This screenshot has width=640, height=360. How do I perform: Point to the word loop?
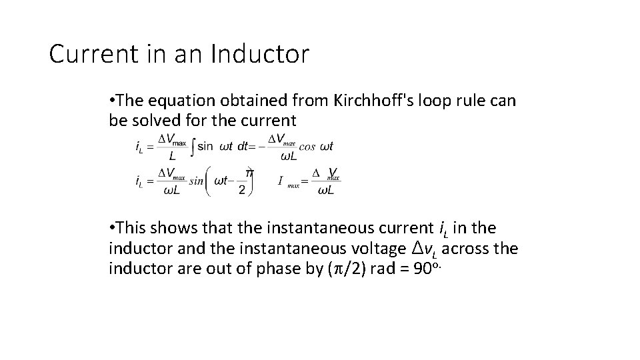point(421,101)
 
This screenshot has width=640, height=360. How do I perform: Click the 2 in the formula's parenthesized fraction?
point(241,190)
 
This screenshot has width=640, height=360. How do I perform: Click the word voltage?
point(375,249)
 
